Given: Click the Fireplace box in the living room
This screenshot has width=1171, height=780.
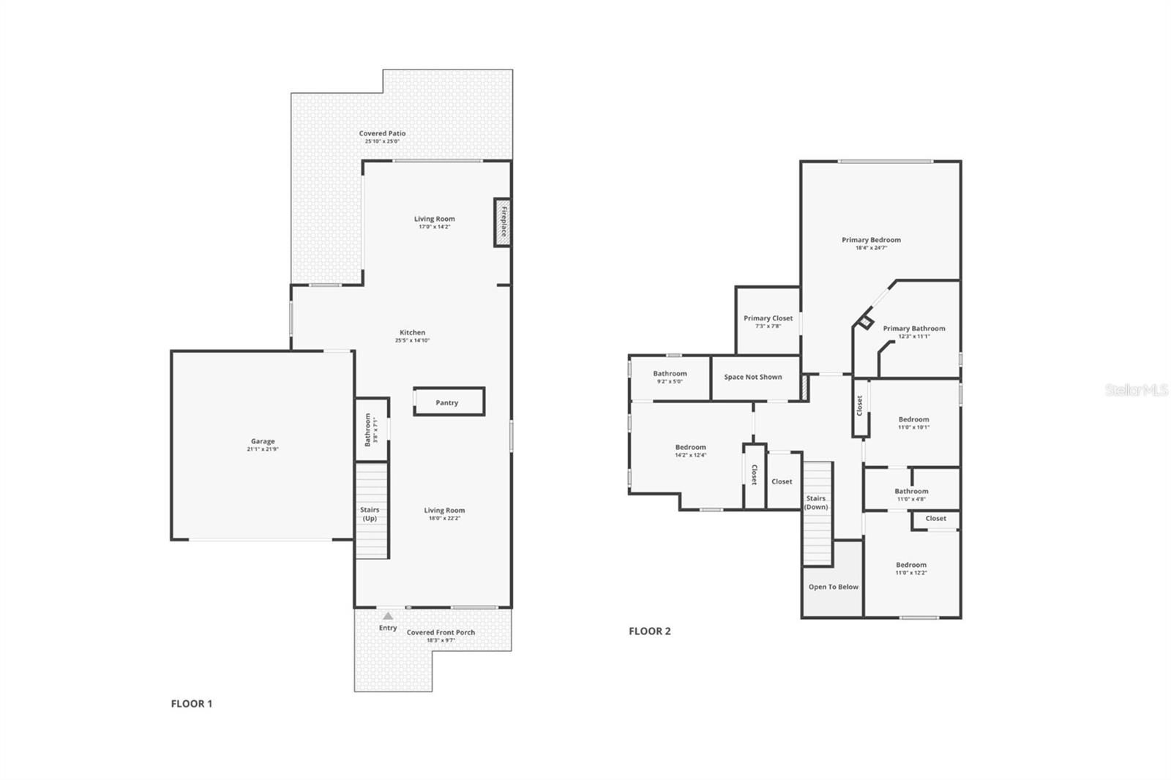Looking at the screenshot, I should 502,222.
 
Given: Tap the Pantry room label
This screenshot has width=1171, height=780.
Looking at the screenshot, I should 446,402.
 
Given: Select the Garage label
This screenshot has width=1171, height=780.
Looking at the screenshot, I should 263,441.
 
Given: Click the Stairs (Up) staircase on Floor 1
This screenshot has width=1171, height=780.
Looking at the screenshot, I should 371,512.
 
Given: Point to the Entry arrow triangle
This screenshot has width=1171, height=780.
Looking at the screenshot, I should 388,616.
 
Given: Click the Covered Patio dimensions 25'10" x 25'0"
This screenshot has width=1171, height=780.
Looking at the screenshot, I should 382,141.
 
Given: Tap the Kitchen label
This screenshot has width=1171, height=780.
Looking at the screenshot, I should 412,332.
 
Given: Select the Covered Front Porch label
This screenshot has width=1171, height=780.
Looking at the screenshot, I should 441,632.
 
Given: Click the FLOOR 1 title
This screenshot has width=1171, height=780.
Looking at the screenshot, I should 192,704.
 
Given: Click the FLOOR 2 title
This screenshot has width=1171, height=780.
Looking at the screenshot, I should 649,631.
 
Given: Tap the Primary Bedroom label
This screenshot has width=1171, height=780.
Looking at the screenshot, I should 871,240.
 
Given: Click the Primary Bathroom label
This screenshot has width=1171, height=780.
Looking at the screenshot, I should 913,329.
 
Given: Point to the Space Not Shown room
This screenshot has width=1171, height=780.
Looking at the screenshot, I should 753,377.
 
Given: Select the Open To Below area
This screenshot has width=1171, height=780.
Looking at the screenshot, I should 833,587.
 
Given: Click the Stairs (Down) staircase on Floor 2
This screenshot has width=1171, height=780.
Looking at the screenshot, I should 818,512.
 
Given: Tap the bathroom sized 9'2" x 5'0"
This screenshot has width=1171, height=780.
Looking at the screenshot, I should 670,377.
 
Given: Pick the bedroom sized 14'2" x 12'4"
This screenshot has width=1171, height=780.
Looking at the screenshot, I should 690,450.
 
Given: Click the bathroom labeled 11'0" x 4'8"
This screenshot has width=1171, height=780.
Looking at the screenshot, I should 911,495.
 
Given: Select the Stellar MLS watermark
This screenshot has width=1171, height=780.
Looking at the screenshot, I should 1136,391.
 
